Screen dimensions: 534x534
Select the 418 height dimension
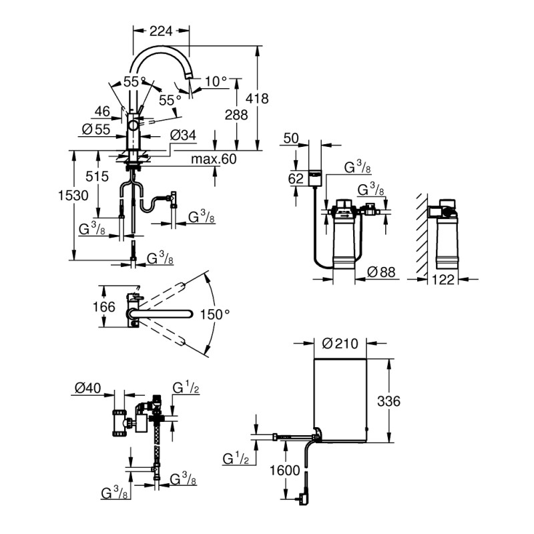257,98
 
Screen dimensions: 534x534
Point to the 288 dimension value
236,115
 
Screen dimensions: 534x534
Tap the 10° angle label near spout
216,81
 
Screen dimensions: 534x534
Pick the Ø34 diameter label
183,136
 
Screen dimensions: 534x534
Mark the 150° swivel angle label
216,313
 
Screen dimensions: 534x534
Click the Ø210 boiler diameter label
340,343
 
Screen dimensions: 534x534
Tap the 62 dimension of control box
296,178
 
